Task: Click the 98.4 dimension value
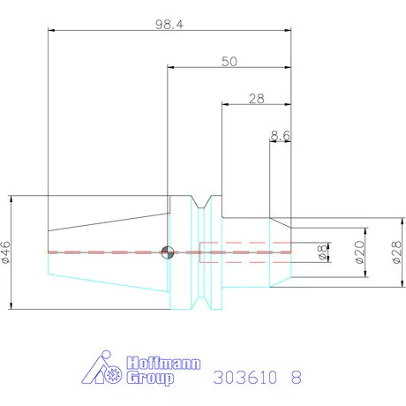169,26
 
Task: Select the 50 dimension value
229,61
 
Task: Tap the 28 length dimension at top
257,99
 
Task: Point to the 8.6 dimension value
281,135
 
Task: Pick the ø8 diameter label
322,252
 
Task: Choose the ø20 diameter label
359,252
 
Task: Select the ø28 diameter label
395,252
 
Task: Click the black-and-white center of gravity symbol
168,252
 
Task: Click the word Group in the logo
151,379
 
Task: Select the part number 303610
244,377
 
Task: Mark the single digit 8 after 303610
296,377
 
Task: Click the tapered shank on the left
106,252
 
